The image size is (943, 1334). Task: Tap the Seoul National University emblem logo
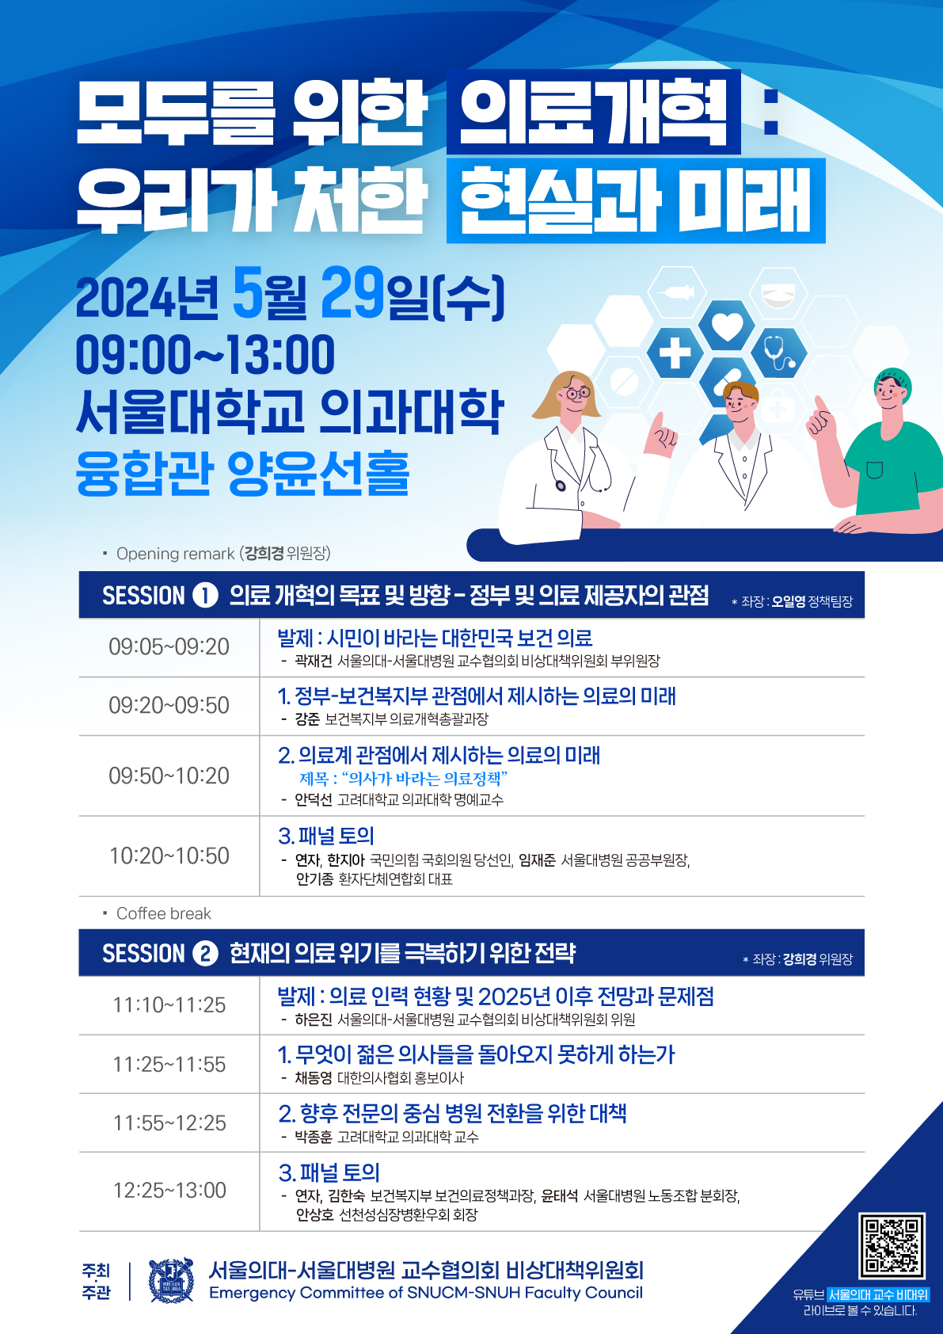coord(171,1281)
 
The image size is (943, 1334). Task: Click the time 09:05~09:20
coord(169,646)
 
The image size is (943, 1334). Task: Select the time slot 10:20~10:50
coord(169,856)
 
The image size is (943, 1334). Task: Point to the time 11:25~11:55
coord(169,1064)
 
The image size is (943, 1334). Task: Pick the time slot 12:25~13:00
coord(169,1191)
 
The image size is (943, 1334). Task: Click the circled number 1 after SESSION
coord(205,596)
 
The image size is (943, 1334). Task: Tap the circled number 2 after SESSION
coord(205,954)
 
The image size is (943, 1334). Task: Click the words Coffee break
coord(164,913)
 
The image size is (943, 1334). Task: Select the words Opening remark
coord(176,554)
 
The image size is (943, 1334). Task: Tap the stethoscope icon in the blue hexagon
coord(778,353)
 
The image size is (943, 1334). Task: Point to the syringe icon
coord(675,292)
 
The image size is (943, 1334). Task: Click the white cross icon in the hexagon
coord(675,353)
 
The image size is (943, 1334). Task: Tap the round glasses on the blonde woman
coord(577,392)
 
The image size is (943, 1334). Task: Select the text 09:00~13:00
coord(205,354)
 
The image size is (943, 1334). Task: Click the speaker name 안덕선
coord(314,800)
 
